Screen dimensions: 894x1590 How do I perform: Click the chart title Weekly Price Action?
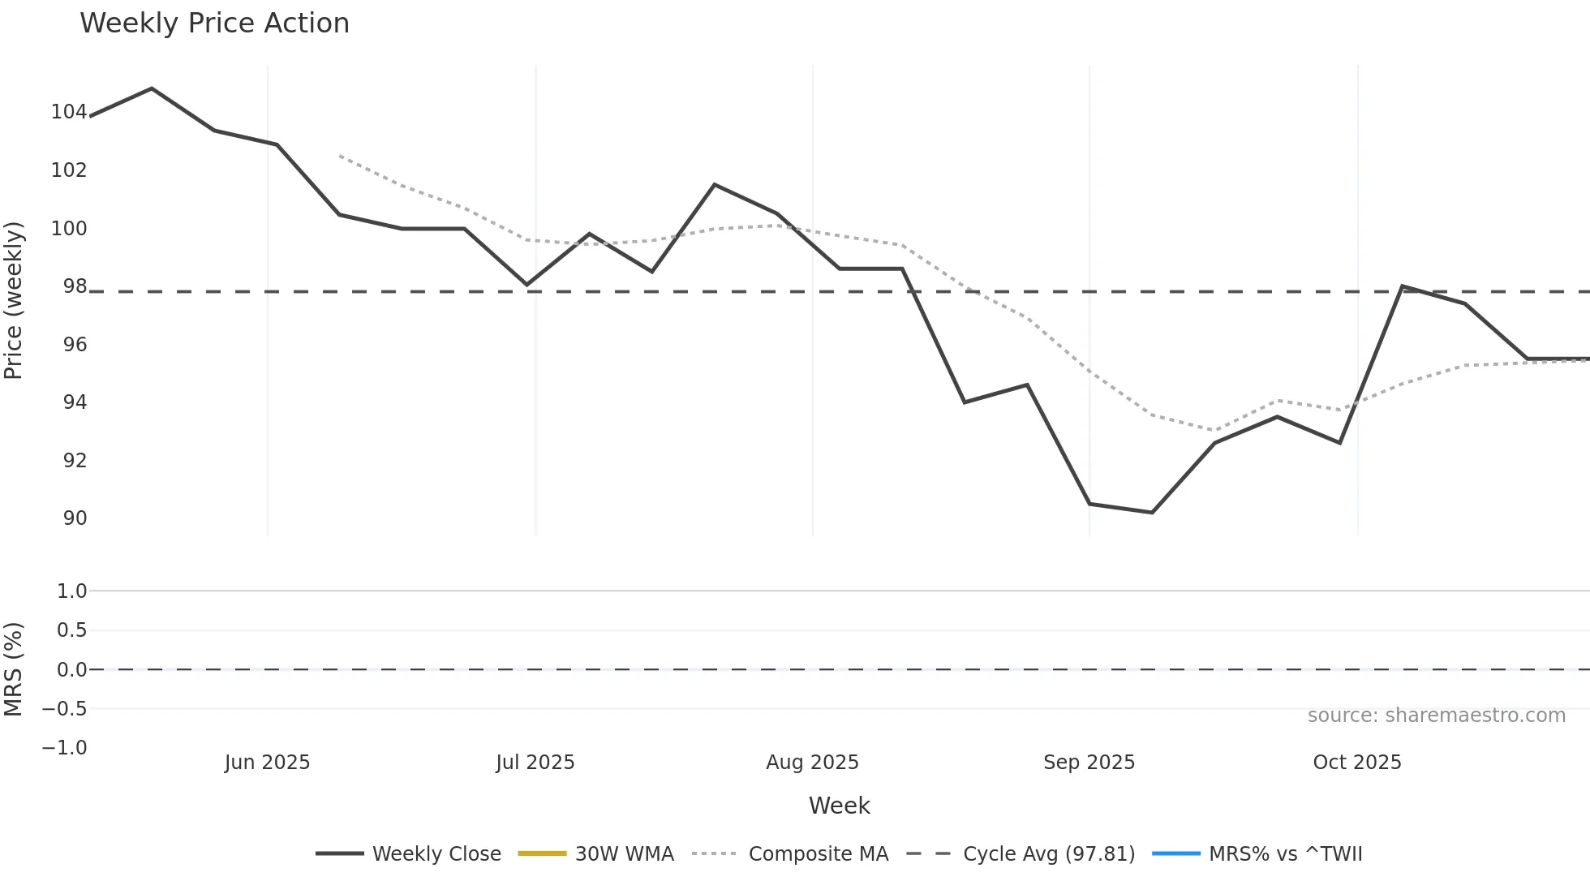pos(214,24)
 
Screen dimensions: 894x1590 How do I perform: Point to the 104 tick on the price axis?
pos(68,112)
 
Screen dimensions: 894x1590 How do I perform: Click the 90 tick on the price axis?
pos(75,518)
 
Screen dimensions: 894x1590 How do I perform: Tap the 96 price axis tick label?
pos(75,345)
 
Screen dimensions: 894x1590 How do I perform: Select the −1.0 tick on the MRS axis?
pos(65,748)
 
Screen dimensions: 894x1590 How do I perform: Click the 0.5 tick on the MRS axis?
pos(71,630)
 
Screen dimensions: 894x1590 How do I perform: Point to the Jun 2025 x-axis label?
pos(267,763)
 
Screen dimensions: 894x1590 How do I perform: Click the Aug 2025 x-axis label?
pos(812,763)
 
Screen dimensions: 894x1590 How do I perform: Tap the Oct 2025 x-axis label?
pos(1357,763)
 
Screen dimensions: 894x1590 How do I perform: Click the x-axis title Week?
pos(839,806)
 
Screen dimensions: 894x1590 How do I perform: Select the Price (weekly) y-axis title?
pos(14,300)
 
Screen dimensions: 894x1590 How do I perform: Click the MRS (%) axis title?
pos(14,669)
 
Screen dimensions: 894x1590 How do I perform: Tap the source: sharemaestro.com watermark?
pos(1436,716)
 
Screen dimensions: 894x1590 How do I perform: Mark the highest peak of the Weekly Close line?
pos(152,88)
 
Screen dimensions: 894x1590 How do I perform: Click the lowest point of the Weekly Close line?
pos(1152,513)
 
